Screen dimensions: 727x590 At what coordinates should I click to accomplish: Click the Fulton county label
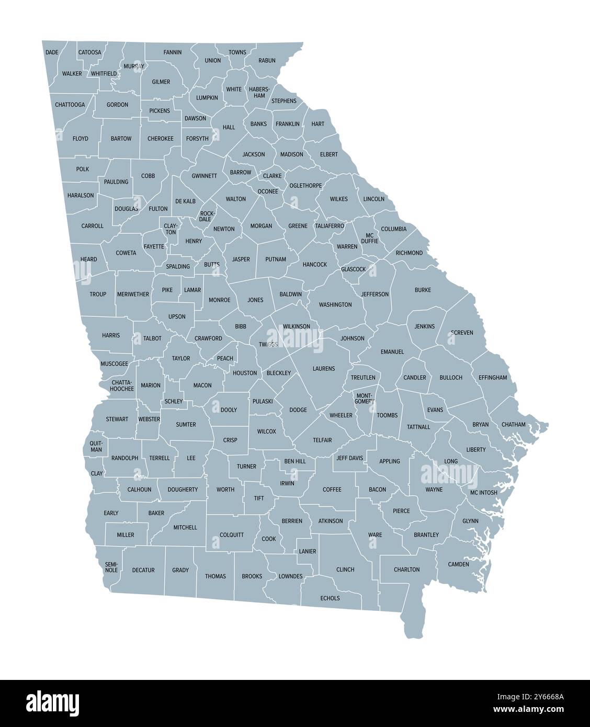158,209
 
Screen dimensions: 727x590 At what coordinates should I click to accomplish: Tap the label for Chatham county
513,425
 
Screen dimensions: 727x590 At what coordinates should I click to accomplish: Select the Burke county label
423,290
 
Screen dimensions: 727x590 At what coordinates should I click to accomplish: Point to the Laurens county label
324,369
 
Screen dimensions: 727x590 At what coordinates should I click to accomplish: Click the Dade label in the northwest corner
52,52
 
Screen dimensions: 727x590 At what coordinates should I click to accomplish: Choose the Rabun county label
267,61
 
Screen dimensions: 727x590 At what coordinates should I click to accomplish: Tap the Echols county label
330,598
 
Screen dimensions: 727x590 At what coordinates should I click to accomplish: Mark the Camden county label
459,564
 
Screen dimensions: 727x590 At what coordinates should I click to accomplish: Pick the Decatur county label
143,570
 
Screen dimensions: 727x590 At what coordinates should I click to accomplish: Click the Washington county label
335,304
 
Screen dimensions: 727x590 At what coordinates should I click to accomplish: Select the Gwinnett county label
204,176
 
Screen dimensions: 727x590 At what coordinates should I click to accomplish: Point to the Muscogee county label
114,363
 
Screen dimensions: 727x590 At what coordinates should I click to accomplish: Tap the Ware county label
375,535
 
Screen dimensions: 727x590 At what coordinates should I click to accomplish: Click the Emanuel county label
392,352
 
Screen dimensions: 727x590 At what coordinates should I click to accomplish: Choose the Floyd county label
81,139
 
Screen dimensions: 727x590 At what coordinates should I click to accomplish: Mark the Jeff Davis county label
349,458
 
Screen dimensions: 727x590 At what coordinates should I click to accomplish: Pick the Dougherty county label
183,490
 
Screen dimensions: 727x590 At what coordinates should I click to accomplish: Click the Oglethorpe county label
305,186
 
